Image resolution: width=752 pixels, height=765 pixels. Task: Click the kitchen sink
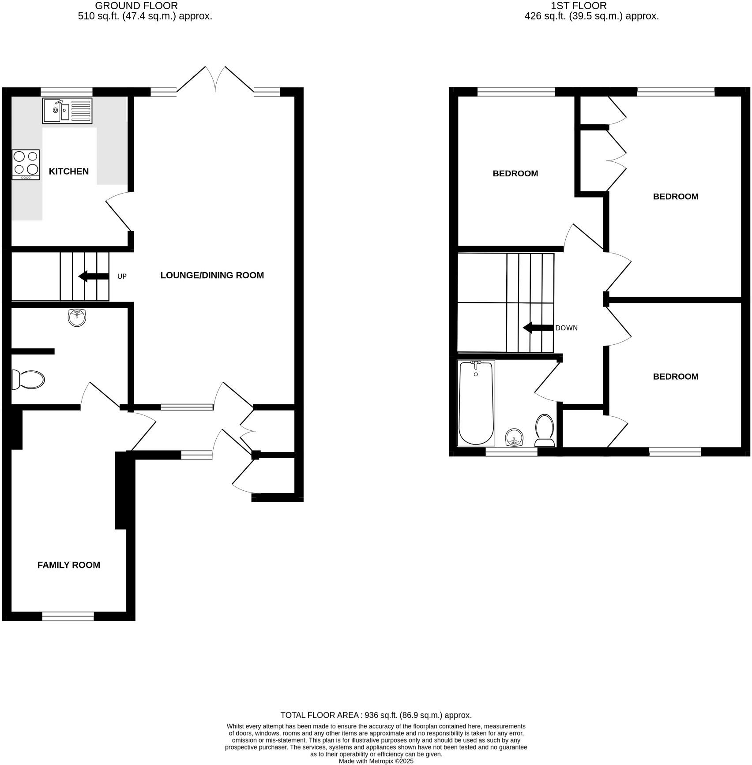pyautogui.click(x=68, y=111)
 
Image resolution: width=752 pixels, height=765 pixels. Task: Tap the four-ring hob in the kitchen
pyautogui.click(x=26, y=164)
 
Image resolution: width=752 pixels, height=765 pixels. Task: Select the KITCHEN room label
pyautogui.click(x=68, y=172)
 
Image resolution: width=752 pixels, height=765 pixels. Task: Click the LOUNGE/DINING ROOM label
pyautogui.click(x=212, y=275)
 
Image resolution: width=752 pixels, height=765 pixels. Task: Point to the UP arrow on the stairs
pyautogui.click(x=94, y=276)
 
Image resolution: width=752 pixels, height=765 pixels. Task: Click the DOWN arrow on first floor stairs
pyautogui.click(x=538, y=328)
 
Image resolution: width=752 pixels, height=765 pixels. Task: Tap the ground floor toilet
pyautogui.click(x=28, y=379)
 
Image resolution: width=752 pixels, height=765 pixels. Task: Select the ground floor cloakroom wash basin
pyautogui.click(x=77, y=317)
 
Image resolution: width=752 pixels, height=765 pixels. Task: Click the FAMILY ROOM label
pyautogui.click(x=68, y=565)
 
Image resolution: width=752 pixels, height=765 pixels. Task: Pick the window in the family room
pyautogui.click(x=68, y=616)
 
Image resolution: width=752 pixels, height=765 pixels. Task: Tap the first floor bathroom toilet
pyautogui.click(x=545, y=430)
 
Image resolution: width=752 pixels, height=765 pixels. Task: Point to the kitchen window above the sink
pyautogui.click(x=67, y=92)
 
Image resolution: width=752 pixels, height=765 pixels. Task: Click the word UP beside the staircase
pyautogui.click(x=122, y=276)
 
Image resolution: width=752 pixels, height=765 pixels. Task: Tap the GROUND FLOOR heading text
pyautogui.click(x=136, y=6)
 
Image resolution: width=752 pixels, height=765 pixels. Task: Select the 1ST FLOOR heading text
pyautogui.click(x=579, y=6)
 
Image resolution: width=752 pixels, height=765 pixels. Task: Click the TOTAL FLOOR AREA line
pyautogui.click(x=376, y=715)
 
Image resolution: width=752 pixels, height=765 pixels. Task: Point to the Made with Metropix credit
pyautogui.click(x=376, y=761)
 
